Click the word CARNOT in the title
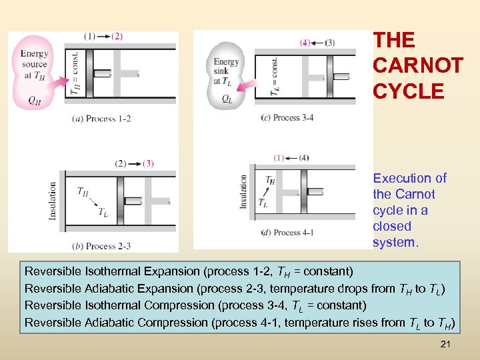click(x=418, y=65)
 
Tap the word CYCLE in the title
click(x=408, y=91)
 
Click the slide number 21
click(x=446, y=344)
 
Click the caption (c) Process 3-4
click(x=287, y=118)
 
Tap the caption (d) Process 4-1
click(x=287, y=233)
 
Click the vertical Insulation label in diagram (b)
click(x=53, y=201)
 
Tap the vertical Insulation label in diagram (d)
click(x=244, y=193)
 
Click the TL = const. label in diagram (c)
click(x=274, y=75)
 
